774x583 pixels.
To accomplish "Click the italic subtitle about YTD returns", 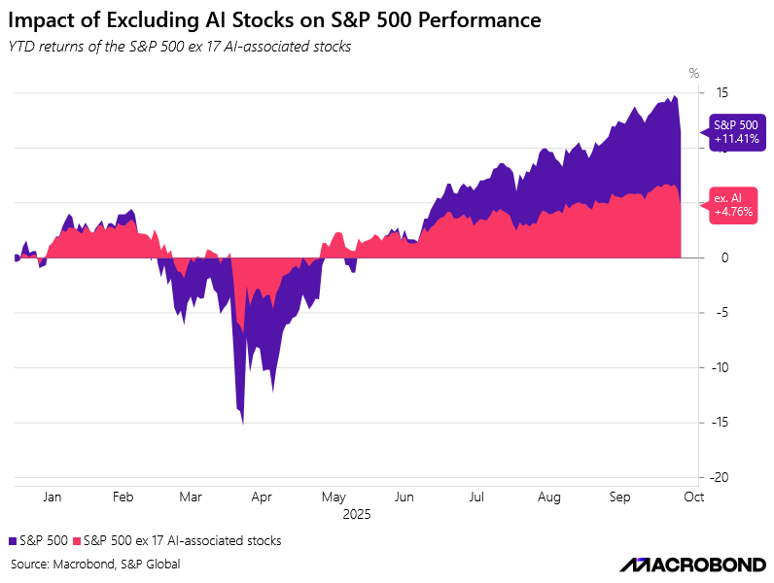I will pos(179,47).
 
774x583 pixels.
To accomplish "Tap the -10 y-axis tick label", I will pos(720,368).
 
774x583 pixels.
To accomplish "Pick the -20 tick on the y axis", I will pos(720,478).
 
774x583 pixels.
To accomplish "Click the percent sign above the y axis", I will pos(693,73).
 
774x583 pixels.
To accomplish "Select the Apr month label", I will pos(262,497).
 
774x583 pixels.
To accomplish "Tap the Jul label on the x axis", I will pos(476,497).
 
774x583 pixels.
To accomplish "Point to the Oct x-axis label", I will pos(692,497).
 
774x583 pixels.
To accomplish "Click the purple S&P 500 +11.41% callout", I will pos(736,131).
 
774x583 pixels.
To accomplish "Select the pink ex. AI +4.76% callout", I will pos(733,204).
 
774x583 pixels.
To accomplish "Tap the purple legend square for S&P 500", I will pos(12,540).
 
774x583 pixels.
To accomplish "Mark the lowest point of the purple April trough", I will pos(242,424).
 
